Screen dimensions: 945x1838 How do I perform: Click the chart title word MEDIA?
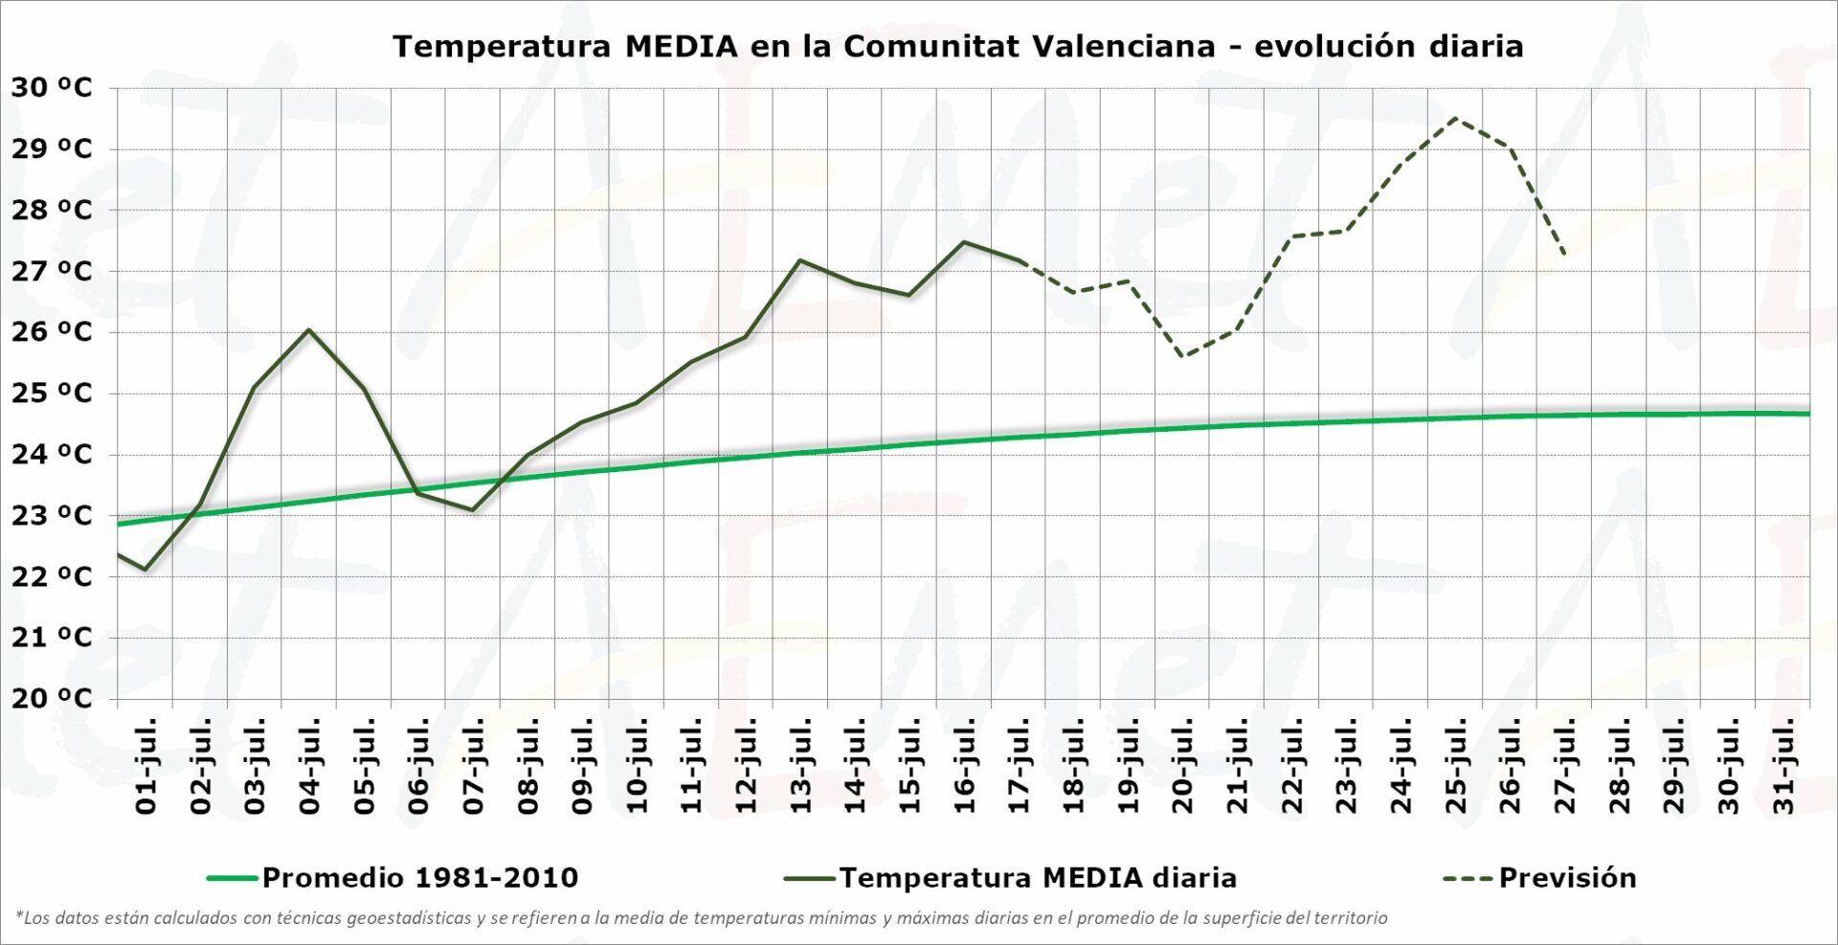(x=681, y=46)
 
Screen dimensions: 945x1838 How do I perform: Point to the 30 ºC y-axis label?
(x=52, y=88)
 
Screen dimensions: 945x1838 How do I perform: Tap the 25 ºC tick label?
(x=52, y=394)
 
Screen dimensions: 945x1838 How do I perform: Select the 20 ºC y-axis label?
(x=52, y=698)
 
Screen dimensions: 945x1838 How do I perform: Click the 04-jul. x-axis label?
(x=309, y=766)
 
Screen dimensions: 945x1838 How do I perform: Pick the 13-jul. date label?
(x=800, y=766)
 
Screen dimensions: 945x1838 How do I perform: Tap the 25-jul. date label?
(x=1456, y=766)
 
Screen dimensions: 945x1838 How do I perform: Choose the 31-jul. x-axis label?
(x=1783, y=766)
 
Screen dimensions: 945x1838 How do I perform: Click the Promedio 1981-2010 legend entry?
(x=419, y=878)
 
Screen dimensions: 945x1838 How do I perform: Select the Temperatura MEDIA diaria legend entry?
(x=1037, y=878)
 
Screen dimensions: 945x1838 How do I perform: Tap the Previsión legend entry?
(x=1566, y=878)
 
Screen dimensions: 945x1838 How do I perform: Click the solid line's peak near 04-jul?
(x=308, y=329)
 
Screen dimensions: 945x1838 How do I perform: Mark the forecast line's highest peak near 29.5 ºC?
(x=1455, y=118)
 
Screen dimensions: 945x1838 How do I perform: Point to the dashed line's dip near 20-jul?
(x=1183, y=357)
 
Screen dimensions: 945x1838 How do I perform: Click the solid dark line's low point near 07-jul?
(x=473, y=510)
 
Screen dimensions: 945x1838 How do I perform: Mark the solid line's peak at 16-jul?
(x=964, y=241)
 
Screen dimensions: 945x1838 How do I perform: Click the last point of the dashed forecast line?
(x=1564, y=255)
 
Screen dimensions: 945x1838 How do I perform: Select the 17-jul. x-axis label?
(x=1020, y=766)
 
